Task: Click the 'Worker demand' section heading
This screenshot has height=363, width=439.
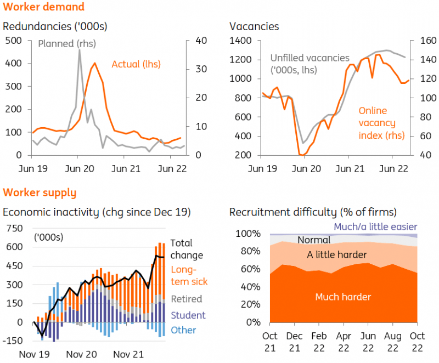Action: click(44, 7)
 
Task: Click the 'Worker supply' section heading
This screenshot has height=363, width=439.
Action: click(40, 192)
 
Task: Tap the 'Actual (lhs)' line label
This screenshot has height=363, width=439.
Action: click(136, 64)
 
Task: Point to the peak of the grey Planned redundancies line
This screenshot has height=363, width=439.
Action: click(80, 50)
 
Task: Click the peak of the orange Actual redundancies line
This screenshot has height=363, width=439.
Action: click(95, 63)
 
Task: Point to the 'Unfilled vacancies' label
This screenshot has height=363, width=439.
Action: click(309, 58)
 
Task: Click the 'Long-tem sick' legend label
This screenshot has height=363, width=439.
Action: click(190, 275)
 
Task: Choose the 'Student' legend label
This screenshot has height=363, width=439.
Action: click(188, 315)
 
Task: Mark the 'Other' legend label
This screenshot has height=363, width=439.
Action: click(183, 330)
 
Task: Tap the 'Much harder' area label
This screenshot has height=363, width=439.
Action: click(343, 297)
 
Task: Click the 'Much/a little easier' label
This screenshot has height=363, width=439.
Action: click(375, 226)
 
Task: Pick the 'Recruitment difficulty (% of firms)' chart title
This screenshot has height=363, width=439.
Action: click(313, 212)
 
